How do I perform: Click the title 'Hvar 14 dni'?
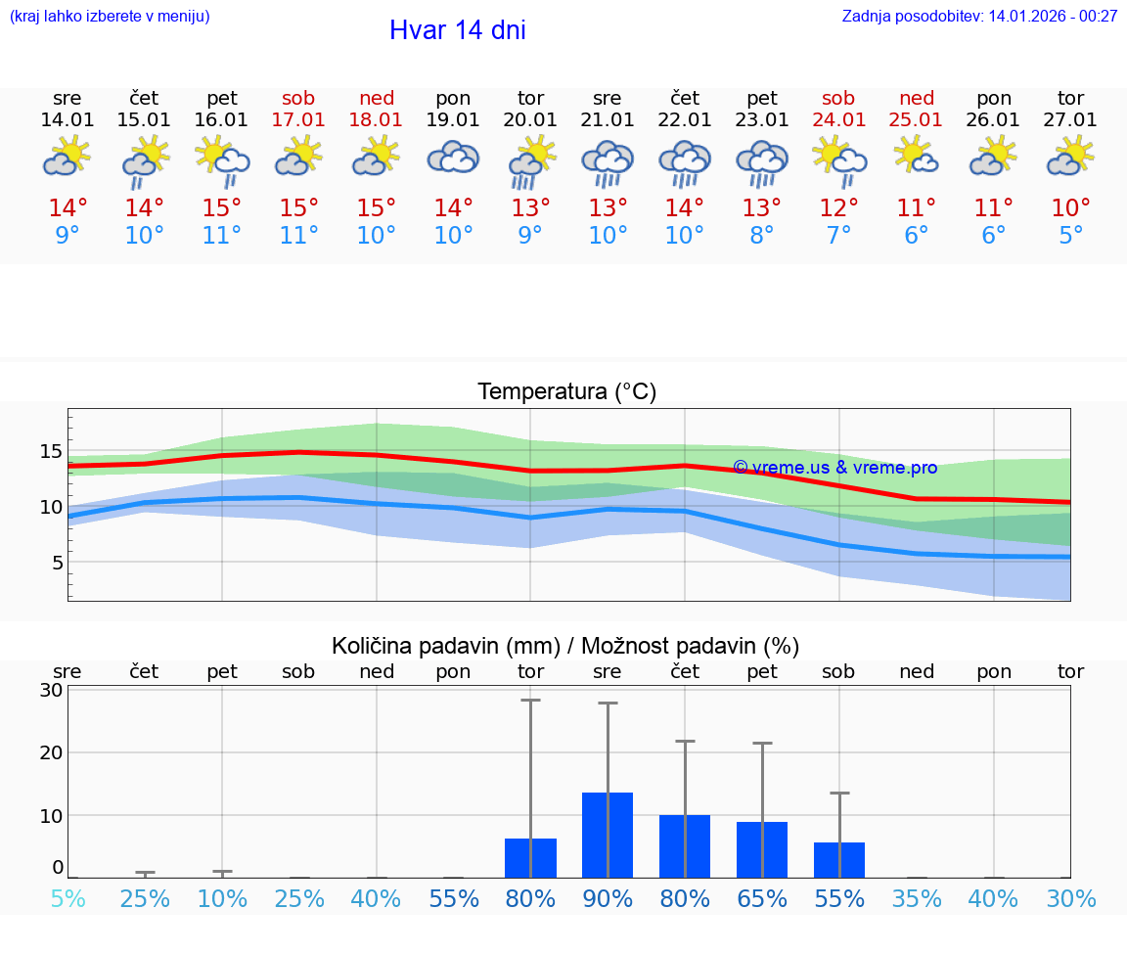457,30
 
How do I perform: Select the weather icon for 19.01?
453,158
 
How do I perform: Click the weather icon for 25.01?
917,157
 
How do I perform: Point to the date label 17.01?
298,120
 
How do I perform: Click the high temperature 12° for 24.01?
838,208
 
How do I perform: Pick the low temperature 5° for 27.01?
1071,236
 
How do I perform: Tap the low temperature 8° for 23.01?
761,236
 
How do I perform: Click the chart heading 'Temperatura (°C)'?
566,392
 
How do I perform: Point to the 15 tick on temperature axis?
51,451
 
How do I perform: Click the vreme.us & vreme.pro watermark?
835,468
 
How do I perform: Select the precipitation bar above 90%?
608,835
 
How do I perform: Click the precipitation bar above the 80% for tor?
530,858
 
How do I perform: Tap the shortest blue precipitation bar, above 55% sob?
839,860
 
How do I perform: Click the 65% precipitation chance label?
761,899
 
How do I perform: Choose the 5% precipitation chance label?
68,899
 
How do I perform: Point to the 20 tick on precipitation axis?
51,752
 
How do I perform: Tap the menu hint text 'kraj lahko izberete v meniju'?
110,17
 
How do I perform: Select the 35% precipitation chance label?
917,899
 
